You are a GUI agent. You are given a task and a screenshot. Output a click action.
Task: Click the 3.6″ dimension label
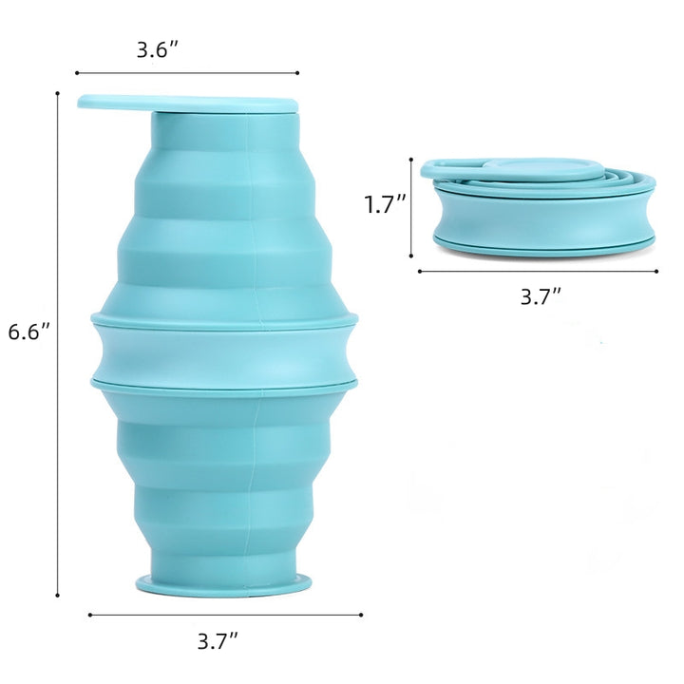[x=158, y=49]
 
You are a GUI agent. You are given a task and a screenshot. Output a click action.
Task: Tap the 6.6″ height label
[x=29, y=332]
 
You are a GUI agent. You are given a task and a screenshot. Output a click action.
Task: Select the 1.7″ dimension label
[x=385, y=204]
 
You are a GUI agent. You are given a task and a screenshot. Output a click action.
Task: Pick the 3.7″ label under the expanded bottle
[x=218, y=641]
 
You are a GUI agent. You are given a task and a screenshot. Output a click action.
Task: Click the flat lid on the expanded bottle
[x=187, y=103]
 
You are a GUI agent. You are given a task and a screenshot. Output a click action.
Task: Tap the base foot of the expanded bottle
[x=224, y=584]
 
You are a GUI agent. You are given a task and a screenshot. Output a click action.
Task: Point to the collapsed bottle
[x=538, y=207]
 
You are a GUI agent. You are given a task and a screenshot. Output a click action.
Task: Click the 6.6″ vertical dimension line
[x=57, y=344]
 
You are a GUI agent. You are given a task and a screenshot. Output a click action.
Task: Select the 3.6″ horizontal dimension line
[x=187, y=73]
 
